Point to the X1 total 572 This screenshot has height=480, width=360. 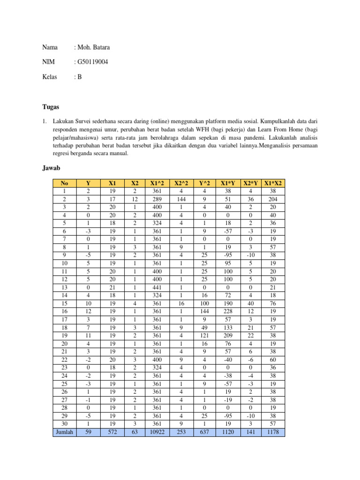pyautogui.click(x=111, y=433)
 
